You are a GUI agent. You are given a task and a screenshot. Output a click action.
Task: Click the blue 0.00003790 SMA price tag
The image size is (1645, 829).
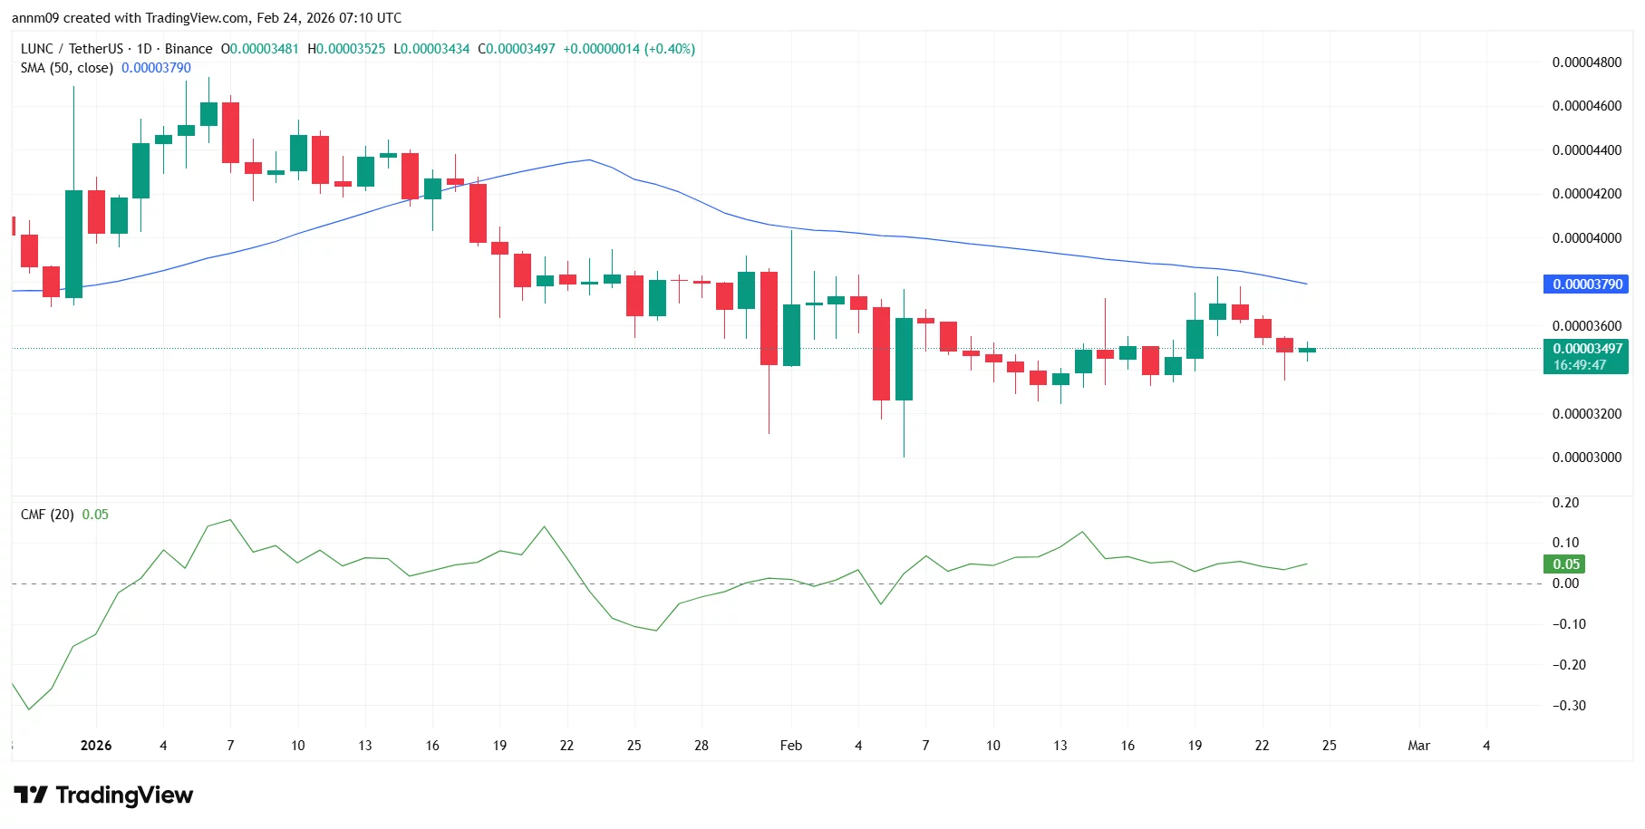coord(1585,284)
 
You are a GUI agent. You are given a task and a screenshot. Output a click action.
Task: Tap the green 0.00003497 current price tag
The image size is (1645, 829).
coord(1585,349)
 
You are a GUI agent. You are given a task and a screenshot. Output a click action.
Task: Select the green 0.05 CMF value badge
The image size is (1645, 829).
coord(1565,564)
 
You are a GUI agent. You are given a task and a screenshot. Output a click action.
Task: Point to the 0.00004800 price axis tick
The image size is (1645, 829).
coord(1586,63)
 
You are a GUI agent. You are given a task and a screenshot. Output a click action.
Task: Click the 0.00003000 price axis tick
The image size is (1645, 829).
coord(1586,458)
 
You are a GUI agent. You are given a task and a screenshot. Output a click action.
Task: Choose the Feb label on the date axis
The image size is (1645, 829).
coord(790,746)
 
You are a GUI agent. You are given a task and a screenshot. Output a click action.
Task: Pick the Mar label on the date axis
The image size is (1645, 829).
coord(1418,746)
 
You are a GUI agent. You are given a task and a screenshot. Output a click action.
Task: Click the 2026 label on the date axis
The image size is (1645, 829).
coord(96,746)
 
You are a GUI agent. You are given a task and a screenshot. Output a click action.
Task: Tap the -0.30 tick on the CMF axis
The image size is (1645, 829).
coord(1569,706)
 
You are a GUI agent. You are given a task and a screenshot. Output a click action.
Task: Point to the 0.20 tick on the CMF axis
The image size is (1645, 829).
coord(1565,503)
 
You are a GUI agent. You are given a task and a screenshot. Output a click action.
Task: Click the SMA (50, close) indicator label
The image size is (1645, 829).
coord(67,68)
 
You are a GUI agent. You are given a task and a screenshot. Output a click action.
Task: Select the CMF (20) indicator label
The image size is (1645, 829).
coord(47,515)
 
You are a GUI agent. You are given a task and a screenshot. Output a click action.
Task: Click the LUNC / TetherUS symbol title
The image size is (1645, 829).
coord(72,49)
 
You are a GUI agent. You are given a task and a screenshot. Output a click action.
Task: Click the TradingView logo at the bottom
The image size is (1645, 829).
coord(103,795)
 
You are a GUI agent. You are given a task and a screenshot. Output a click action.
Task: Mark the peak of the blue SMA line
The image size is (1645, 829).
coord(590,159)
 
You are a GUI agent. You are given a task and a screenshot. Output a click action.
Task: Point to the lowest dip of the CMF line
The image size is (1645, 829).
coord(29,709)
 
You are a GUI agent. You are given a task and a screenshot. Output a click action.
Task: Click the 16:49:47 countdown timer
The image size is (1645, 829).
coord(1579,365)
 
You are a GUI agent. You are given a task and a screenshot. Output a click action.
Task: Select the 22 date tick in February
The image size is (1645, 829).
coord(1262,746)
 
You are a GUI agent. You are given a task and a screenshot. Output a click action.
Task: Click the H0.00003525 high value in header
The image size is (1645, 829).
coord(346,49)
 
